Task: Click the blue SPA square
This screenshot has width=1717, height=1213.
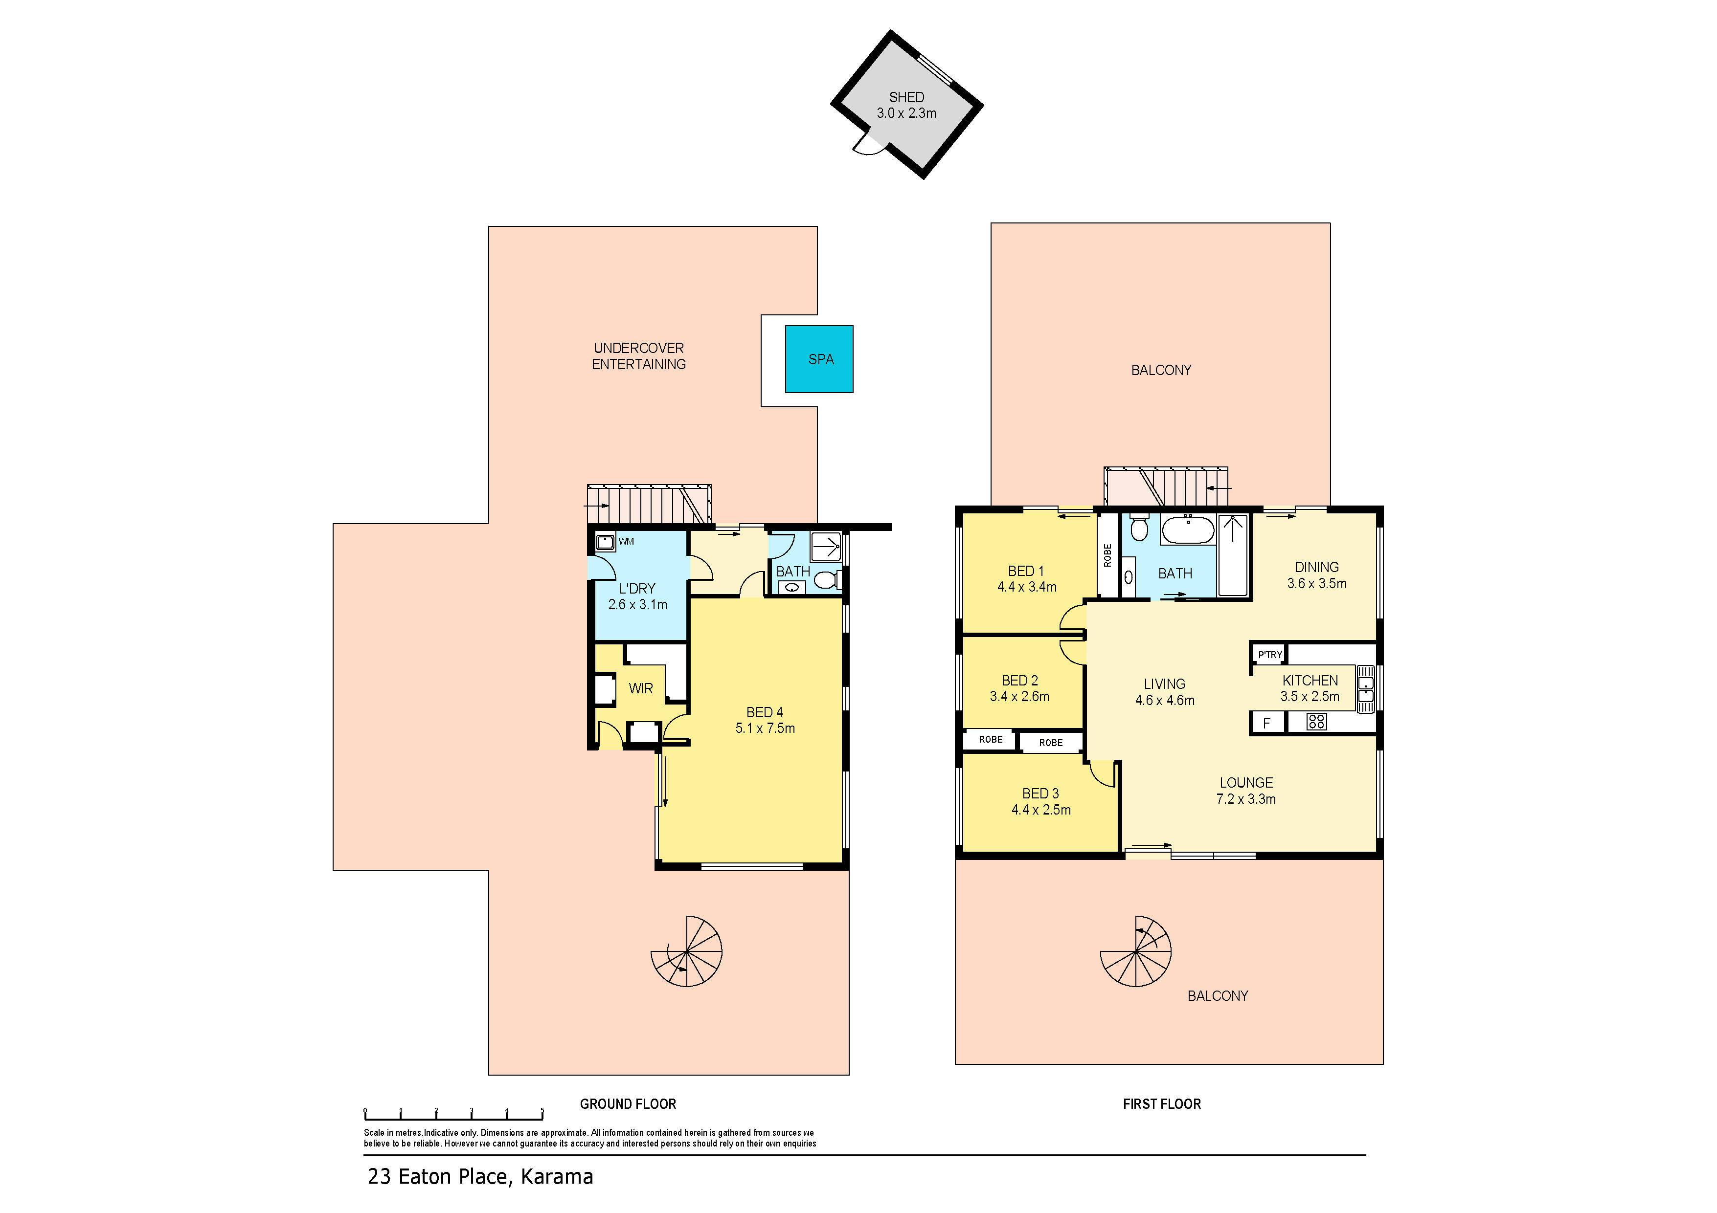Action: click(x=819, y=359)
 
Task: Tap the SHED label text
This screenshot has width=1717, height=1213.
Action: click(x=906, y=97)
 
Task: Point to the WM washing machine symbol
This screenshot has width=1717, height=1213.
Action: click(x=605, y=542)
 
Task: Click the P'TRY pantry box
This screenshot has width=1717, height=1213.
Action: click(x=1270, y=655)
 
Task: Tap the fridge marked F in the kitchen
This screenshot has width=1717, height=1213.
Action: click(x=1267, y=723)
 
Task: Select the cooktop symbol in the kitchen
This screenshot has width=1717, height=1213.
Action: click(x=1316, y=721)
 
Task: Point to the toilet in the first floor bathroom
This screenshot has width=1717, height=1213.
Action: click(x=1139, y=529)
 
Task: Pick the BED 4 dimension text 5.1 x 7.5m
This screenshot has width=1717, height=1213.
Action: click(x=765, y=728)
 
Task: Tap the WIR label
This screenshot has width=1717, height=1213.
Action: click(x=641, y=688)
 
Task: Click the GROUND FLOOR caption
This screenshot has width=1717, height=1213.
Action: click(x=628, y=1104)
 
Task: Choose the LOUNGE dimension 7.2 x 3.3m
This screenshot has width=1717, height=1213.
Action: click(x=1246, y=799)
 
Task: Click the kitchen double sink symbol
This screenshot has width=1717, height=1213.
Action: click(x=1366, y=687)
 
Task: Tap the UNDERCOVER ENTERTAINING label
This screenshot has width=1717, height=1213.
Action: click(x=639, y=356)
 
